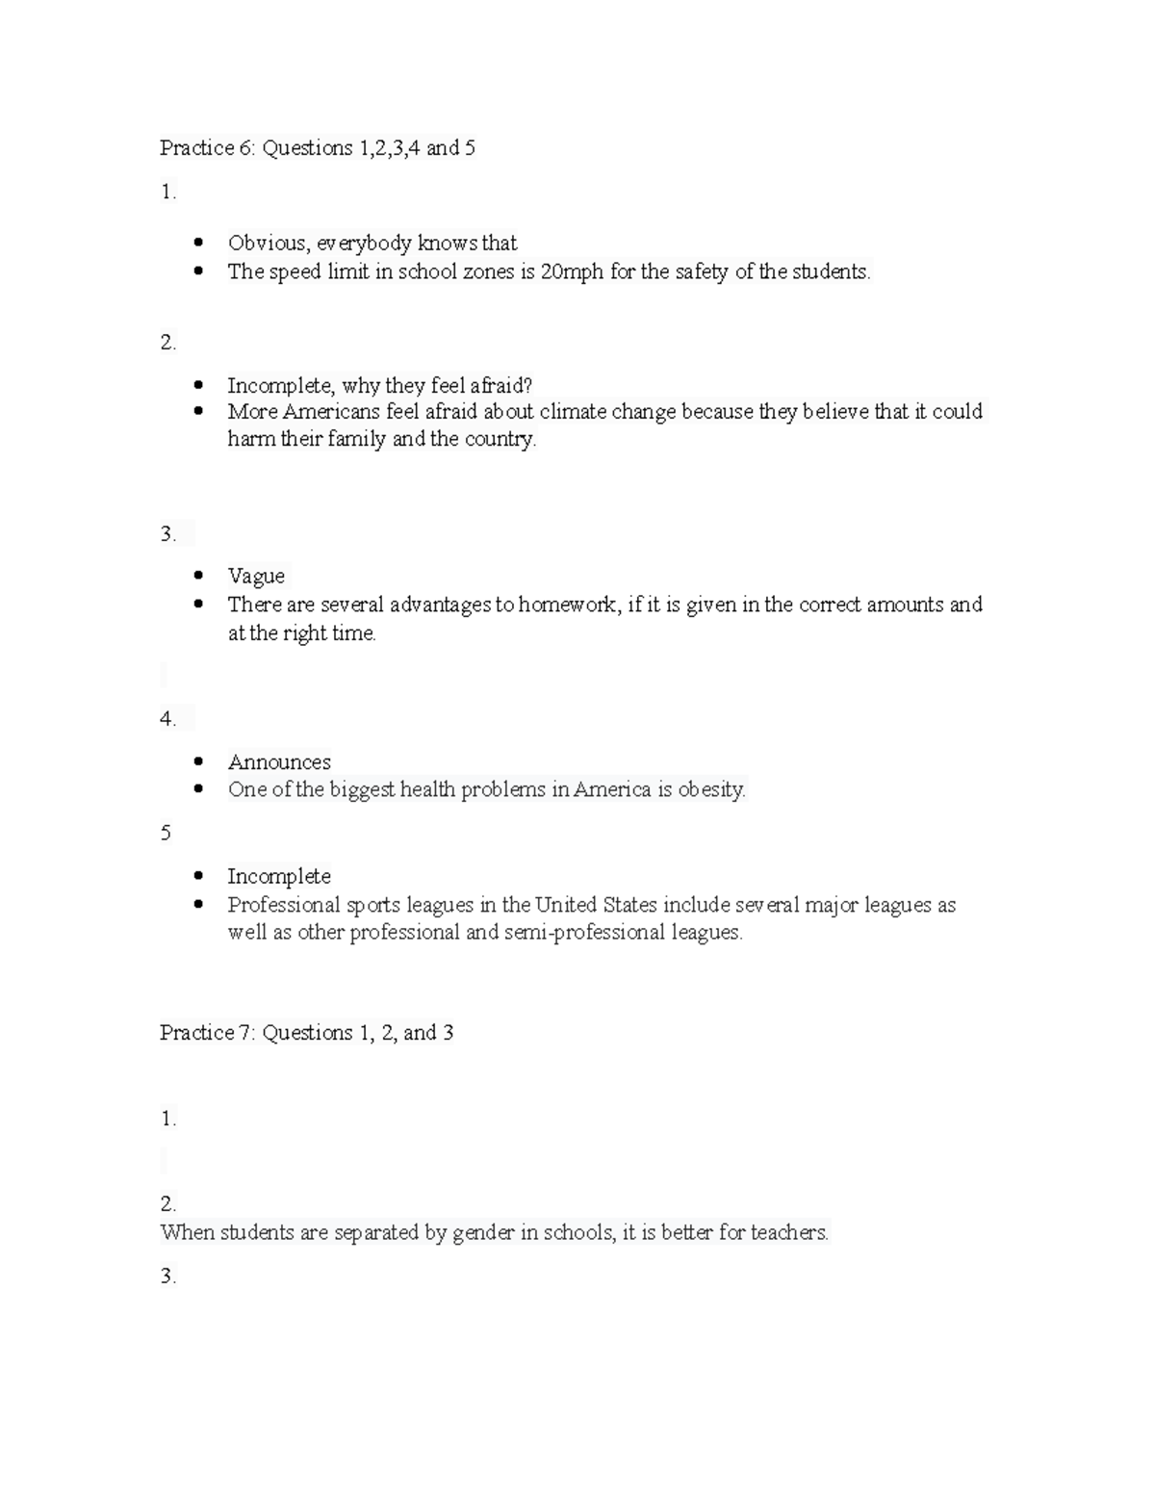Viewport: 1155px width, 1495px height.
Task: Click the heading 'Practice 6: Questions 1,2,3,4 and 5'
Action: [x=318, y=148]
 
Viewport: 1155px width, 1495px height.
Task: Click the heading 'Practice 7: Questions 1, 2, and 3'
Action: [x=306, y=1033]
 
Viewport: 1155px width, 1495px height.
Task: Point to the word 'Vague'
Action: [x=256, y=576]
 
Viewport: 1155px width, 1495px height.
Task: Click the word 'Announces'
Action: [x=279, y=761]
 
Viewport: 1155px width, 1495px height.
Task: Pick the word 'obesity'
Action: [x=711, y=790]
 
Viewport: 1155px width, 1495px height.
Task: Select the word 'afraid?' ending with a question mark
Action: [x=500, y=386]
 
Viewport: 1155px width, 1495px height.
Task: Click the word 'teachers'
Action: [x=789, y=1233]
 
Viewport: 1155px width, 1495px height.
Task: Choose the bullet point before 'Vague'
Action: [x=198, y=576]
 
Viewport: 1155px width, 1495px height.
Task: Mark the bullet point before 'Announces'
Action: [x=198, y=761]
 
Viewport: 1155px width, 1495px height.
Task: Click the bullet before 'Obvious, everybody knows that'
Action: [x=198, y=243]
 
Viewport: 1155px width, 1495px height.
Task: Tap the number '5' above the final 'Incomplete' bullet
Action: [x=166, y=833]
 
